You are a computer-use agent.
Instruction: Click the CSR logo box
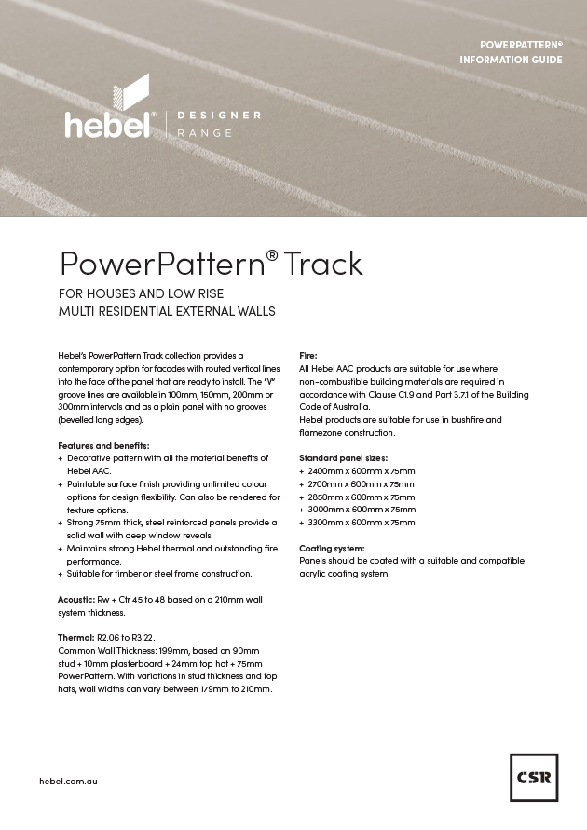534,778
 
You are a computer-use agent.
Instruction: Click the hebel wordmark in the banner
107,124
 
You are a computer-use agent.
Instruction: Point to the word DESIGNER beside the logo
219,115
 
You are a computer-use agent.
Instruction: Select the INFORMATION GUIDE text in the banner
511,60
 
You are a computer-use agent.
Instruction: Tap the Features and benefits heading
102,445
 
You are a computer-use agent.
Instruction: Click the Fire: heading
307,356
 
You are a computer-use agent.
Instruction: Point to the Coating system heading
332,548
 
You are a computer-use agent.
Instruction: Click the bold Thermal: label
75,637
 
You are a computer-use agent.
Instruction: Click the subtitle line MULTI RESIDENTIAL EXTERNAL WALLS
167,311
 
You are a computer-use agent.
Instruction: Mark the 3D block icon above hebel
130,93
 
